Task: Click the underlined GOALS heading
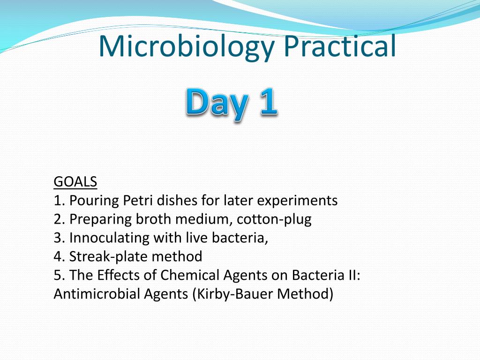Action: tap(75, 181)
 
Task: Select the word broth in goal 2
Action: tap(151, 219)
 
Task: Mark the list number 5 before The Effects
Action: tap(58, 275)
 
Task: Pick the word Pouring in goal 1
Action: tap(94, 200)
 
